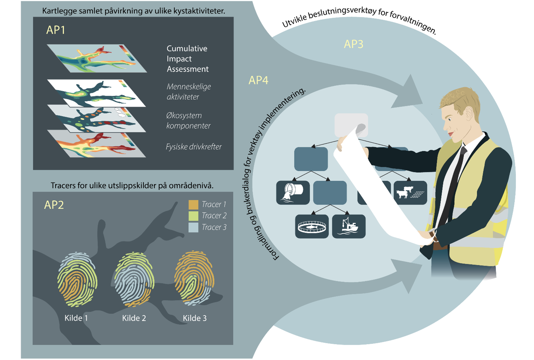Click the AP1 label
click(x=56, y=30)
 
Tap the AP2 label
click(x=54, y=205)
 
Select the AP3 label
click(x=353, y=44)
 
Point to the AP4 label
click(x=258, y=80)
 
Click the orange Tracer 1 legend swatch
click(x=193, y=205)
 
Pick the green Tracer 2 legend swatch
click(x=193, y=216)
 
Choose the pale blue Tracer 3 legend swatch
click(x=193, y=227)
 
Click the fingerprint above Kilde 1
click(x=77, y=279)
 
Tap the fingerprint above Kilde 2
click(x=134, y=279)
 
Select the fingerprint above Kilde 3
click(x=194, y=278)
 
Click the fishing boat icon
click(x=349, y=226)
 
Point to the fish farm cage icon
click(x=312, y=226)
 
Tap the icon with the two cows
click(x=410, y=192)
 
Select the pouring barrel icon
click(x=293, y=192)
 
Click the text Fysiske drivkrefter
click(x=193, y=147)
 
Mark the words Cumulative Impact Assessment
click(x=187, y=59)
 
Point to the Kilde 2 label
click(x=134, y=318)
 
